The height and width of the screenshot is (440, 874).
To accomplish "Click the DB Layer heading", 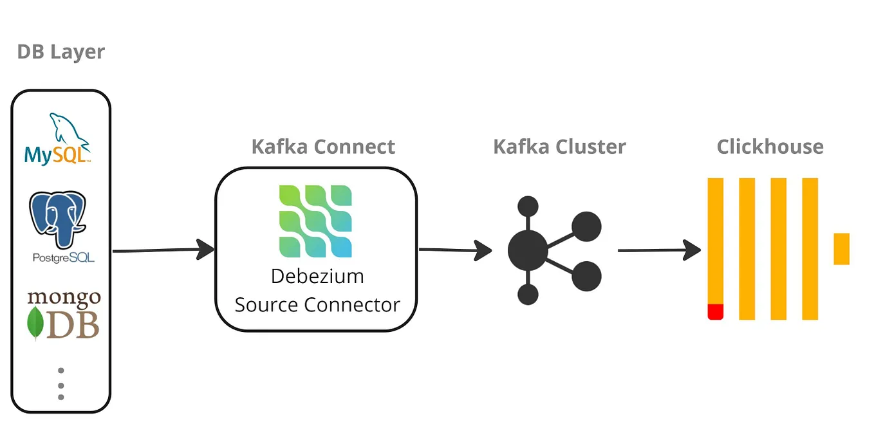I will tap(61, 52).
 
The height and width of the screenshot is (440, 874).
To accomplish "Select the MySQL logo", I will tap(58, 140).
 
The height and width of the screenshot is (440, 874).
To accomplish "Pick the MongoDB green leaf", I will tap(35, 323).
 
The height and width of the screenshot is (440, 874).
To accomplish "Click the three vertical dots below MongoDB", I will tap(61, 385).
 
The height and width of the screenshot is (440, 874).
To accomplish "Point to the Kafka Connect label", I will tap(323, 147).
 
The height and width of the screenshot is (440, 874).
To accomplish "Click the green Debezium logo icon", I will tap(315, 221).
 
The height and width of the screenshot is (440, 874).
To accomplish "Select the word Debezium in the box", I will tap(317, 276).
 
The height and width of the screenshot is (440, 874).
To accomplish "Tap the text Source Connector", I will tap(317, 304).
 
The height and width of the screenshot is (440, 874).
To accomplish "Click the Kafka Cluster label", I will tap(559, 147).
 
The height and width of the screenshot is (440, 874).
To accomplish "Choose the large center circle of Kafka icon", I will tap(528, 250).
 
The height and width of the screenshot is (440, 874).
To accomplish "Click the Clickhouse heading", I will tap(770, 147).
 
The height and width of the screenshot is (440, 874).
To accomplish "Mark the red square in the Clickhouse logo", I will tap(716, 312).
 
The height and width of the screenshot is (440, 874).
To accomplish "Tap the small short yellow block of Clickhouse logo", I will tap(841, 249).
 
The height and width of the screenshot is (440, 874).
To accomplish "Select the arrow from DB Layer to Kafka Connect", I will tap(163, 250).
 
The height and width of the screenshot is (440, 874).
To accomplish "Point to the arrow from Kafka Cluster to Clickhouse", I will tap(659, 250).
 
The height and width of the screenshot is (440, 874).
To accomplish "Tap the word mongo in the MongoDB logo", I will tap(64, 298).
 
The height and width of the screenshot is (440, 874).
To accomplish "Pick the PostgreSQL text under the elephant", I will tap(64, 257).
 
